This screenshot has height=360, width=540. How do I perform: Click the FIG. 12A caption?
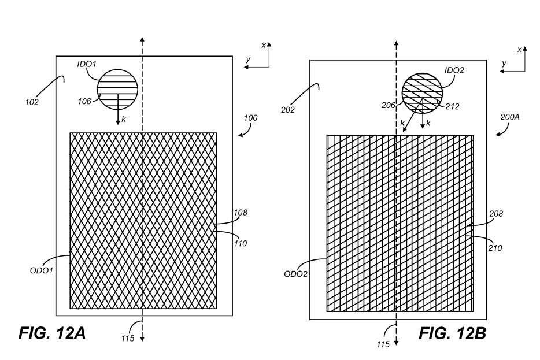[52, 333]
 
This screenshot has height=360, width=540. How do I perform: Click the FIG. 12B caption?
[453, 333]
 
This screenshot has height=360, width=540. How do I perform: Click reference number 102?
[32, 102]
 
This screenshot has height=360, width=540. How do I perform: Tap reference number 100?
[250, 118]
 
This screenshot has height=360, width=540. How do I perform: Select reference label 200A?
[510, 116]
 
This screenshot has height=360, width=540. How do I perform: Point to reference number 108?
[241, 213]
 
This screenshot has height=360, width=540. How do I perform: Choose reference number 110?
[241, 243]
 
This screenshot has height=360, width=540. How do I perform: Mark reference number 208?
[496, 214]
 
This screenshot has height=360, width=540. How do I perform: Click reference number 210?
[495, 248]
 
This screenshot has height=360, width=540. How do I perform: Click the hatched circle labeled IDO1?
[117, 90]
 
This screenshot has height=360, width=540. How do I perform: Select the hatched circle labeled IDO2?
[422, 94]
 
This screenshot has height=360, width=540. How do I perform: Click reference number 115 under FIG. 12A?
[128, 339]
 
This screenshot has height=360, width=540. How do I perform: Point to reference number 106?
[84, 102]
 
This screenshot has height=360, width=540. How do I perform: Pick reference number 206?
[389, 106]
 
